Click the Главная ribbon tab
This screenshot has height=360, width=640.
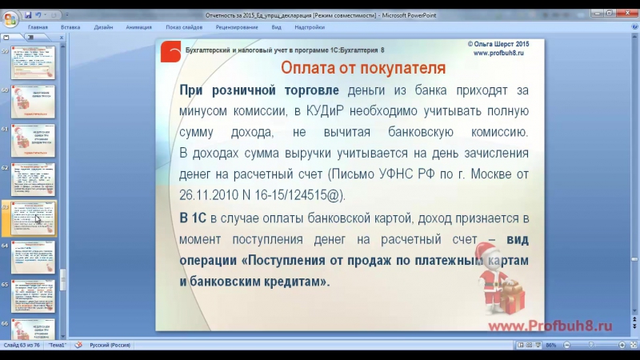pyautogui.click(x=38, y=27)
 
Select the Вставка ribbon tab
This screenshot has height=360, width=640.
pyautogui.click(x=70, y=27)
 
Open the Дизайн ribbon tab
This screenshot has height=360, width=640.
pyautogui.click(x=103, y=27)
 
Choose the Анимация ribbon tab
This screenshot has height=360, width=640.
pyautogui.click(x=139, y=27)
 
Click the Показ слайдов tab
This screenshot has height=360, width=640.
pyautogui.click(x=184, y=27)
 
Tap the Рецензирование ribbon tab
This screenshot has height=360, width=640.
pyautogui.click(x=237, y=27)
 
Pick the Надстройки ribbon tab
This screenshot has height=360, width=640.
pyautogui.click(x=310, y=27)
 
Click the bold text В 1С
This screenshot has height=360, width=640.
pyautogui.click(x=194, y=218)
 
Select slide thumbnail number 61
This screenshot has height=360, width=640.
pyautogui.click(x=33, y=140)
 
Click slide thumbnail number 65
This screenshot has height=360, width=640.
pyautogui.click(x=33, y=296)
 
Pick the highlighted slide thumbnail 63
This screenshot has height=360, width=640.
pyautogui.click(x=33, y=218)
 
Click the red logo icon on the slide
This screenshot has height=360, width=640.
pyautogui.click(x=171, y=51)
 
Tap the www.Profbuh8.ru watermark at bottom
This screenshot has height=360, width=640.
pyautogui.click(x=550, y=325)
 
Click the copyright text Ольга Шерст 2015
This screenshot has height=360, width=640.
pyautogui.click(x=499, y=44)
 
